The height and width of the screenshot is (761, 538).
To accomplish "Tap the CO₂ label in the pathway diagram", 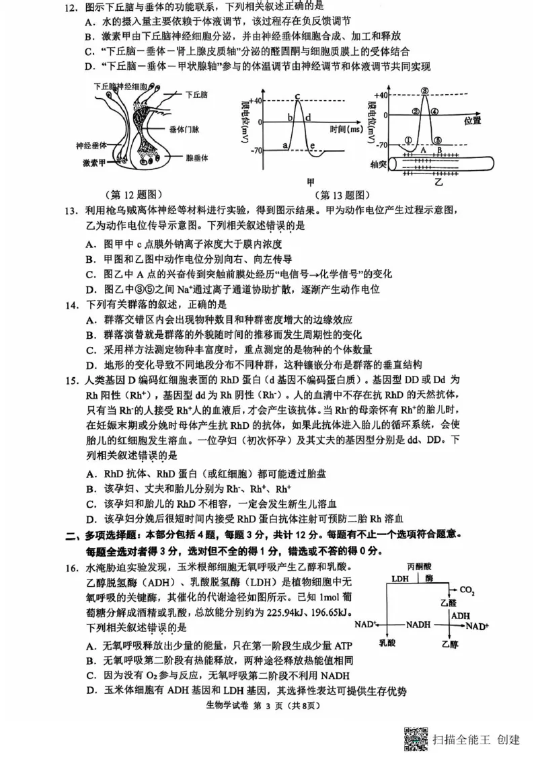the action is pos(467,592).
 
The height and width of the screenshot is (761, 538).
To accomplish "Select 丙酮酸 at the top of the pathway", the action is pos(420,566).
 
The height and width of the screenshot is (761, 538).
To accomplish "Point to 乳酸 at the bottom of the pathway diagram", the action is pos(387,643).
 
